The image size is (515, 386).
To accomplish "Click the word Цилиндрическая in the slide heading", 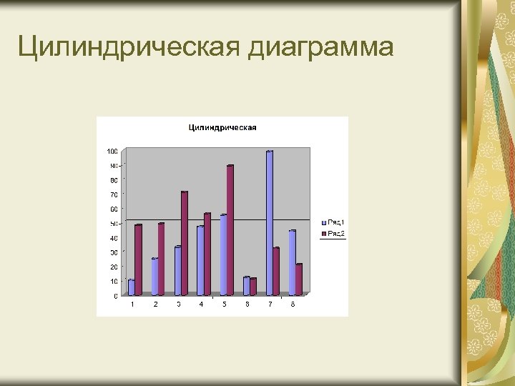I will pyautogui.click(x=129, y=47).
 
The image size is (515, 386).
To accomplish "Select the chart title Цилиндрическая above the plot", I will pyautogui.click(x=222, y=128).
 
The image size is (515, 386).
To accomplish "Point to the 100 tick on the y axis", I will pyautogui.click(x=112, y=152).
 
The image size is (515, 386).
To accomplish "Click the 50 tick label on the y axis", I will pyautogui.click(x=114, y=224).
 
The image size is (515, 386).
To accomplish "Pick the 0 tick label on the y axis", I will pyautogui.click(x=116, y=296).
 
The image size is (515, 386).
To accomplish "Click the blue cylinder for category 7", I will pyautogui.click(x=270, y=223).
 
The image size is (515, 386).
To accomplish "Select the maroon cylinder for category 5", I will pyautogui.click(x=230, y=230).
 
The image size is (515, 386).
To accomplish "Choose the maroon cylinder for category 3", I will pyautogui.click(x=185, y=243).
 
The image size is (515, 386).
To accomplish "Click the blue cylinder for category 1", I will pyautogui.click(x=132, y=287).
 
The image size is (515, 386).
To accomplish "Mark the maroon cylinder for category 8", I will pyautogui.click(x=299, y=279).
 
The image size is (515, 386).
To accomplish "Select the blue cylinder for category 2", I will pyautogui.click(x=154, y=277).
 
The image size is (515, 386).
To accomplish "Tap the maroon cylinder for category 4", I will pyautogui.click(x=207, y=254).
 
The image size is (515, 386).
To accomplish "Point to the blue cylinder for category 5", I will pyautogui.click(x=223, y=255).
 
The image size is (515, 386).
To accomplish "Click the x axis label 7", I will pyautogui.click(x=270, y=305).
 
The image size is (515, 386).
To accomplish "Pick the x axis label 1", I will pyautogui.click(x=132, y=305).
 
